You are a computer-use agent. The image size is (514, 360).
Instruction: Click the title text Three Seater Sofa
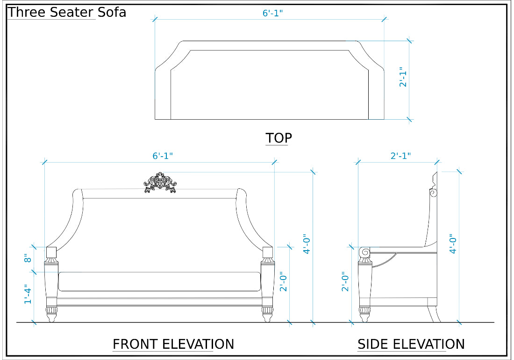coord(67,12)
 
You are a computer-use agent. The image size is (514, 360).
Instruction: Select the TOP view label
coord(278,138)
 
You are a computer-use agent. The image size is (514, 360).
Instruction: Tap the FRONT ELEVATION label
coord(173,344)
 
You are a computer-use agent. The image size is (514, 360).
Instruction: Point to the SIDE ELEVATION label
coord(411,344)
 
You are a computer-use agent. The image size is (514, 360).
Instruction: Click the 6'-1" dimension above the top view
coord(272,13)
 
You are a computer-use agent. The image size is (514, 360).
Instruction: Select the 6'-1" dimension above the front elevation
coord(163,156)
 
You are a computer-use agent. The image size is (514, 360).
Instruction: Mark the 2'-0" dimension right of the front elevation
coord(283,282)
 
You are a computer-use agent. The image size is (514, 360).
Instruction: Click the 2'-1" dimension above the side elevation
coord(400,156)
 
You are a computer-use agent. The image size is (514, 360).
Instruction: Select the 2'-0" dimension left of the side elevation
coord(345,282)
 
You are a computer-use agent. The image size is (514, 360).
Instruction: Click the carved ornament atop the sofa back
coord(160,183)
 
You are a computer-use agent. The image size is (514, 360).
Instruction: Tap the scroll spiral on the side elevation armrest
coord(365,252)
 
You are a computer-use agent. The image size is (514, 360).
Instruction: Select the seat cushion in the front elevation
coord(159,281)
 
